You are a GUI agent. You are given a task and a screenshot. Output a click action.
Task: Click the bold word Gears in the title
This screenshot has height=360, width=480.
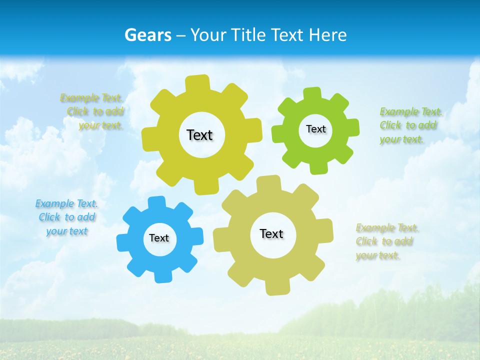147,35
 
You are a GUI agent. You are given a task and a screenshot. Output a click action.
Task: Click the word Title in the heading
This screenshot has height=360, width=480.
248,35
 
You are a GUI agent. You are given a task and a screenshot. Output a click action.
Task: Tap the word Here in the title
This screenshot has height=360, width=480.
327,35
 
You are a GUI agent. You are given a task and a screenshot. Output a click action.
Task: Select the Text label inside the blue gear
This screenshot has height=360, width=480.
159,238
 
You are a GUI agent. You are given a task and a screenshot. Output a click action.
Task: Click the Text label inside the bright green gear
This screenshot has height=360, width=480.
315,129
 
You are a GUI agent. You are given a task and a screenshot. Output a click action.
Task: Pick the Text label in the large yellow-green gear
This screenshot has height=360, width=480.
199,135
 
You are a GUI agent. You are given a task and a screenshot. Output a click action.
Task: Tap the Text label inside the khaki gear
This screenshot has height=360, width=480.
271,233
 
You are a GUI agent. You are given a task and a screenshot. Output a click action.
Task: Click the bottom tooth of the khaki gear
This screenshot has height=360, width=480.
277,288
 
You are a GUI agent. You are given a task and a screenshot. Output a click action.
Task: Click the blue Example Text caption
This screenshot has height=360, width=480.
66,217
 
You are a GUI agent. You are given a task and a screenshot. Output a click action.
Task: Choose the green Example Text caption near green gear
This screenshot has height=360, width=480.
410,125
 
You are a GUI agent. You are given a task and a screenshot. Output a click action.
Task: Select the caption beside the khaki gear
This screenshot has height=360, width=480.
386,241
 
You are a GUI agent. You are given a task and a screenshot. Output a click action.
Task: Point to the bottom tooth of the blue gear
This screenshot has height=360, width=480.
162,276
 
